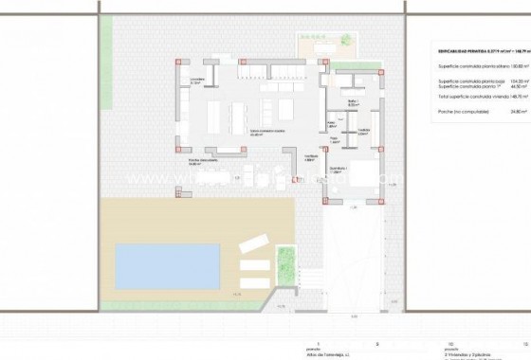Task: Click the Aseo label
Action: [x=332, y=123]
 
